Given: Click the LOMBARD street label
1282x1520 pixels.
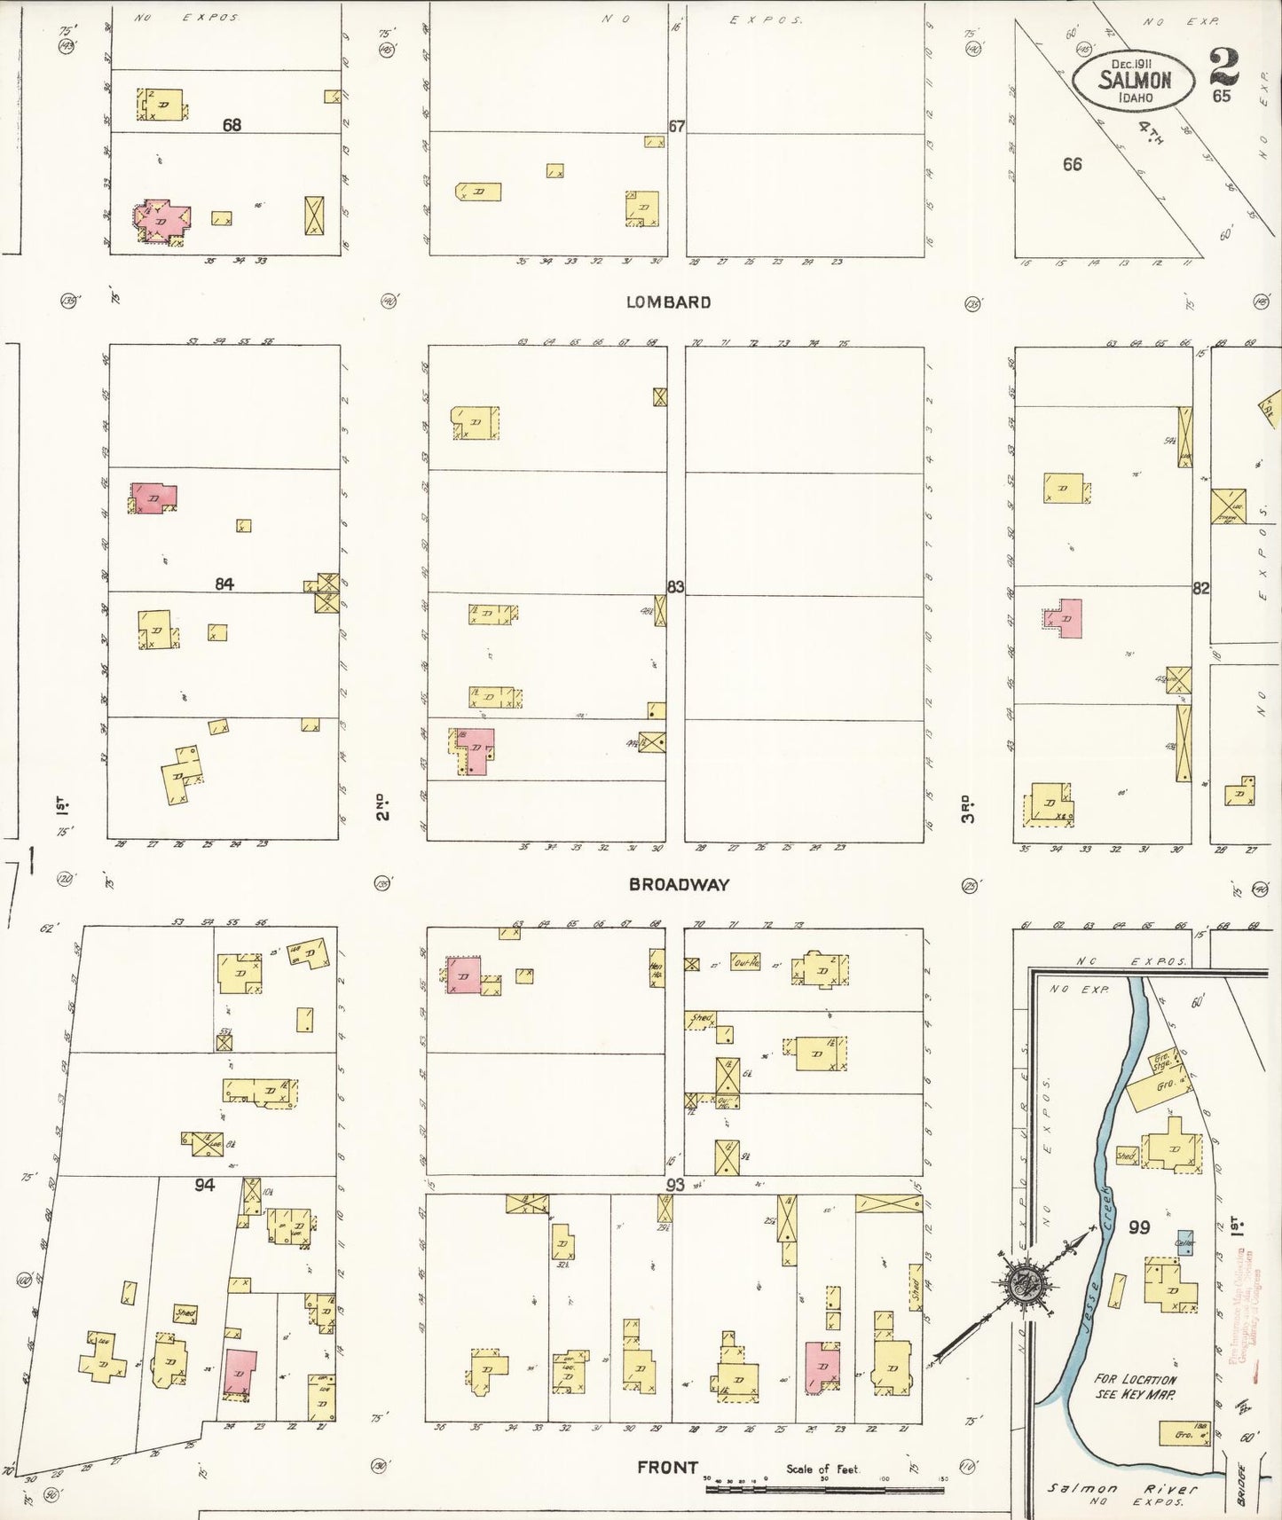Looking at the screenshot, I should click(x=668, y=302).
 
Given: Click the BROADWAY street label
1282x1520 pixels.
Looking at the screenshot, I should click(x=679, y=884).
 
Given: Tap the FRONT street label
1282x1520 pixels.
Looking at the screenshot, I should click(x=667, y=1468).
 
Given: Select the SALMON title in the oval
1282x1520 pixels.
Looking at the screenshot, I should click(x=1135, y=79).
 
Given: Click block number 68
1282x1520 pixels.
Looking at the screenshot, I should click(x=232, y=125).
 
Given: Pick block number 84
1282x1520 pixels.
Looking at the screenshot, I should click(x=224, y=584).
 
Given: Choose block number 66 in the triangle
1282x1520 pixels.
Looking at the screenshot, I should click(x=1072, y=164).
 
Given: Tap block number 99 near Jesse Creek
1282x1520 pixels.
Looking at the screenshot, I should click(x=1139, y=1227).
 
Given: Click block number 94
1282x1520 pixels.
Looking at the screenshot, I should click(x=205, y=1185).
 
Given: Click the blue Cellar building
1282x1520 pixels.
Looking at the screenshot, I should click(x=1185, y=1242).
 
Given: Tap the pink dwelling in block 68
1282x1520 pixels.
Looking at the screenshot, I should click(x=161, y=218).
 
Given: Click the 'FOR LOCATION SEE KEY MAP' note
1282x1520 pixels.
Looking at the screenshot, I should click(x=1135, y=1386).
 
